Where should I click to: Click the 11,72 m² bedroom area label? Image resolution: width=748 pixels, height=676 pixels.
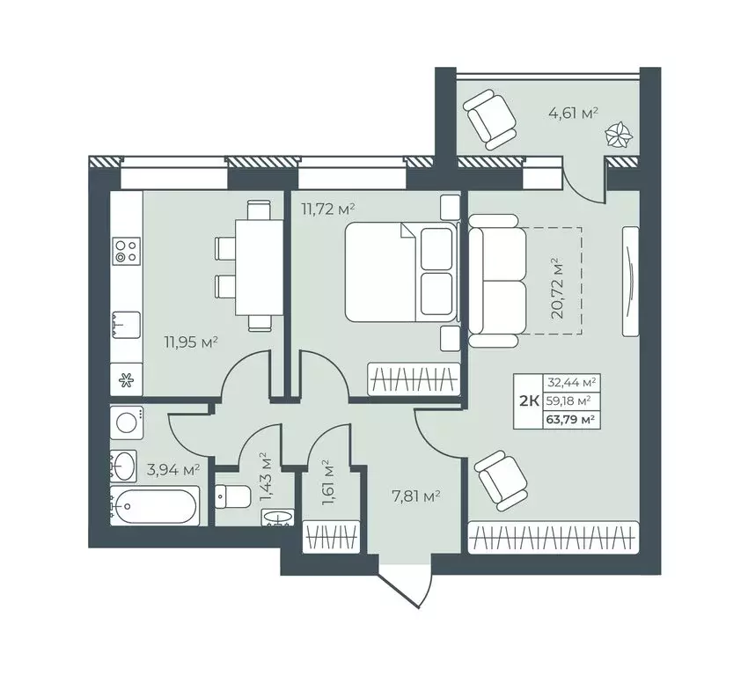coord(327,209)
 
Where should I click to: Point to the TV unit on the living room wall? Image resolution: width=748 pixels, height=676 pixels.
coord(631,281)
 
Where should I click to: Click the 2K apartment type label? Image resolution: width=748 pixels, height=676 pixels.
coord(530,401)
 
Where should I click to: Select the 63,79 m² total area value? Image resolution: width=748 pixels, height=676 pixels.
coord(572,418)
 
